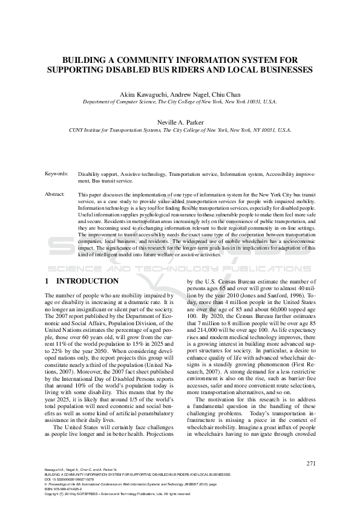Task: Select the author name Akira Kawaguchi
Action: (145, 94)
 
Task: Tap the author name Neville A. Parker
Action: (180, 122)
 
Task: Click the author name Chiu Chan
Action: (224, 94)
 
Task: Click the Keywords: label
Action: (56, 173)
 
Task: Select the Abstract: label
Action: (55, 194)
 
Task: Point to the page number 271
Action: (312, 463)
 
